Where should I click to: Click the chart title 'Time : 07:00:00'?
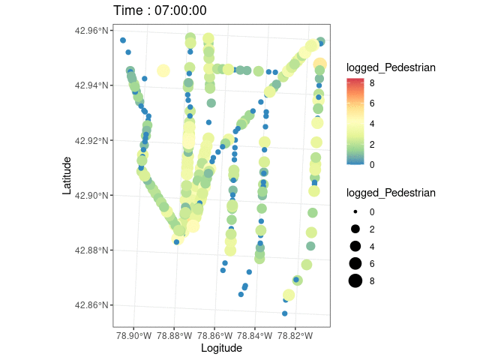[160, 10]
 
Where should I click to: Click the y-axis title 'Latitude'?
[67, 175]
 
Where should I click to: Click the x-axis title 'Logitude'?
[221, 348]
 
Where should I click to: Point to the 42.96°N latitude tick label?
[92, 31]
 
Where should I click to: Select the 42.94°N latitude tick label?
[92, 85]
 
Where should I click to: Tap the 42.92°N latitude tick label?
[92, 140]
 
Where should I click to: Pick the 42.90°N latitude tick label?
[92, 195]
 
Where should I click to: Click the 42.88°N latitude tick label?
[92, 250]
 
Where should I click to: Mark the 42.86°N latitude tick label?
[92, 305]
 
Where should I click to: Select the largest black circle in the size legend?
[355, 280]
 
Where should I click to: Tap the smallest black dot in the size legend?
[355, 211]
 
